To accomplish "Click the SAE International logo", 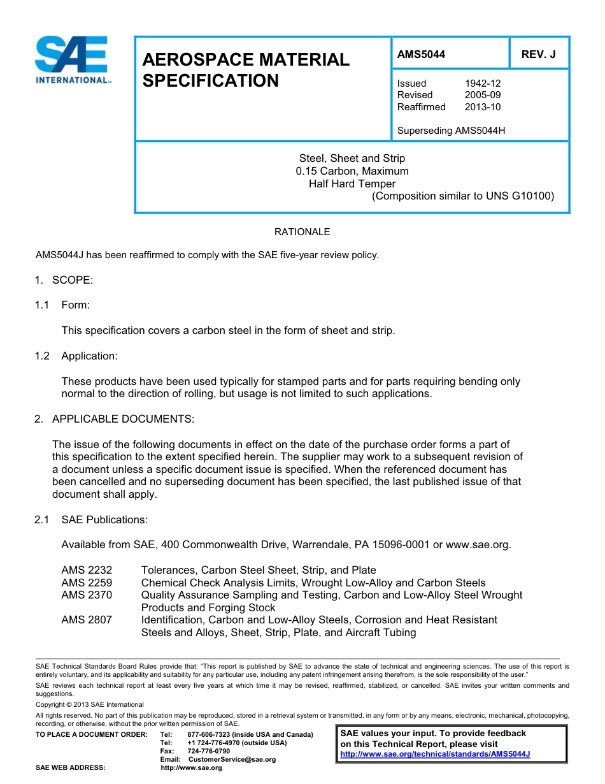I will click(x=73, y=61).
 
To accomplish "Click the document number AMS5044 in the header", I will click(x=421, y=55).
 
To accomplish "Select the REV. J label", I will click(x=538, y=55).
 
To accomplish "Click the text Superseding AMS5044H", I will click(x=451, y=131).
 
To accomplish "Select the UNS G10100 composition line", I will click(x=463, y=196).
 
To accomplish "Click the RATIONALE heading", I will click(x=302, y=232).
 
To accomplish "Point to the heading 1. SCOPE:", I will click(x=64, y=280).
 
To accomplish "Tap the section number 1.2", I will click(x=42, y=356).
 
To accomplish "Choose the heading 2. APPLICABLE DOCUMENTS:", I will click(x=115, y=419).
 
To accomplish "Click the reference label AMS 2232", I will click(x=87, y=570).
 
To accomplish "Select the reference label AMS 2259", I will click(x=87, y=583).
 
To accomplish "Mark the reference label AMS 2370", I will click(x=87, y=595).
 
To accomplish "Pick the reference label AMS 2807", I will click(x=87, y=620).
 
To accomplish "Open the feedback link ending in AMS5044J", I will click(x=435, y=754).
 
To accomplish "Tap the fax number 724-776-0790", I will click(x=209, y=751).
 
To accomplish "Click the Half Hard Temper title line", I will click(x=352, y=184).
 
